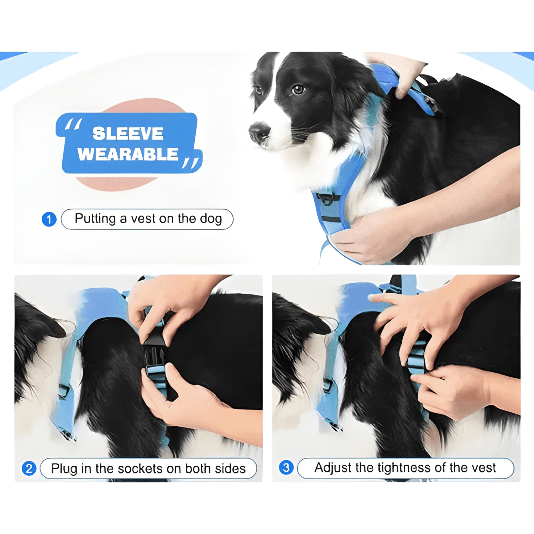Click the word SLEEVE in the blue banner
[128, 134]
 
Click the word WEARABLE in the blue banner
[128, 154]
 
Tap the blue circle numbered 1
[49, 219]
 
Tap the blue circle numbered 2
[29, 468]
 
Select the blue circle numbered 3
[286, 467]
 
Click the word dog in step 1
[211, 219]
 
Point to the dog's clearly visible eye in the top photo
[298, 89]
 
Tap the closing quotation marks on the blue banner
[190, 163]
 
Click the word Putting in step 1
[95, 219]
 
